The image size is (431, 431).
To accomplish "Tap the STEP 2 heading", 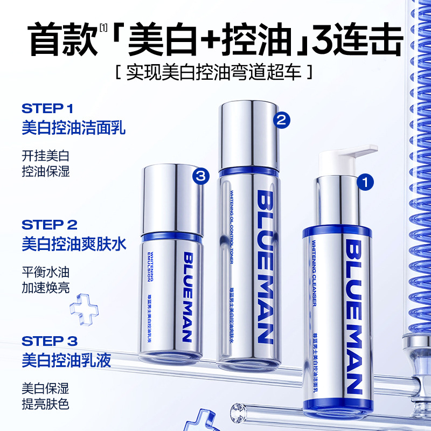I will coord(50,224).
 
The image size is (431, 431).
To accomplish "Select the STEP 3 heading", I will coord(50,341).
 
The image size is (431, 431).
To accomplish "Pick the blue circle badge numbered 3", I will coord(200,175).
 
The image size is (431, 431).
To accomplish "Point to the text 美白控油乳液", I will coord(66,360).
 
